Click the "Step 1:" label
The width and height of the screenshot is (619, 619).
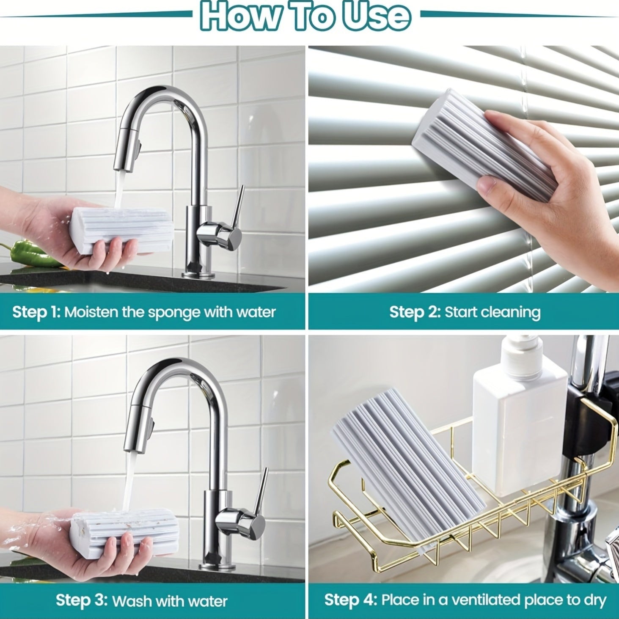pyautogui.click(x=36, y=312)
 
